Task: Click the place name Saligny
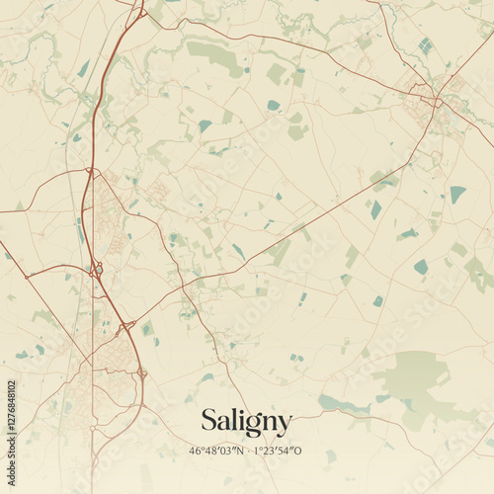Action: [246, 422]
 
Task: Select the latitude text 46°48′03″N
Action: [216, 452]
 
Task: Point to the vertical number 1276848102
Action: [11, 427]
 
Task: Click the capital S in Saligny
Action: [209, 420]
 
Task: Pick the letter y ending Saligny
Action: [285, 426]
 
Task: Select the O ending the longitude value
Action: [300, 452]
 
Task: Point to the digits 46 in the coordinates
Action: [195, 452]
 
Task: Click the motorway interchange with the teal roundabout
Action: [97, 269]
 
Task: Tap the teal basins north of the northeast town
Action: [425, 45]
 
